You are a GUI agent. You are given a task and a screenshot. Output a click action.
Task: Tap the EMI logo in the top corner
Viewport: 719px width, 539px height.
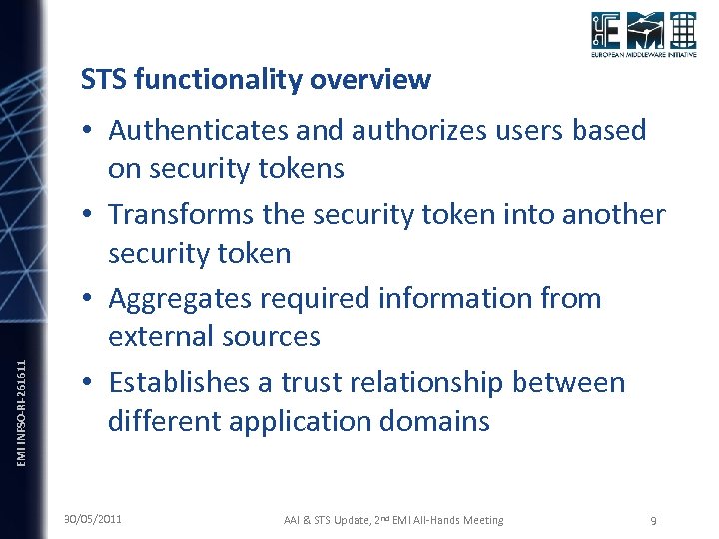pyautogui.click(x=642, y=37)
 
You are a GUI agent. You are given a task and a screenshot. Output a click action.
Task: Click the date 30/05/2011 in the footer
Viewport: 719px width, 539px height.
pyautogui.click(x=93, y=519)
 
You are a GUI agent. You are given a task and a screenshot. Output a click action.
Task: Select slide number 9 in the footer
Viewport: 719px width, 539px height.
pyautogui.click(x=652, y=520)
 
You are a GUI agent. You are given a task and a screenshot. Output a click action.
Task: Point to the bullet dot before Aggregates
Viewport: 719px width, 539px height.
pyautogui.click(x=90, y=298)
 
